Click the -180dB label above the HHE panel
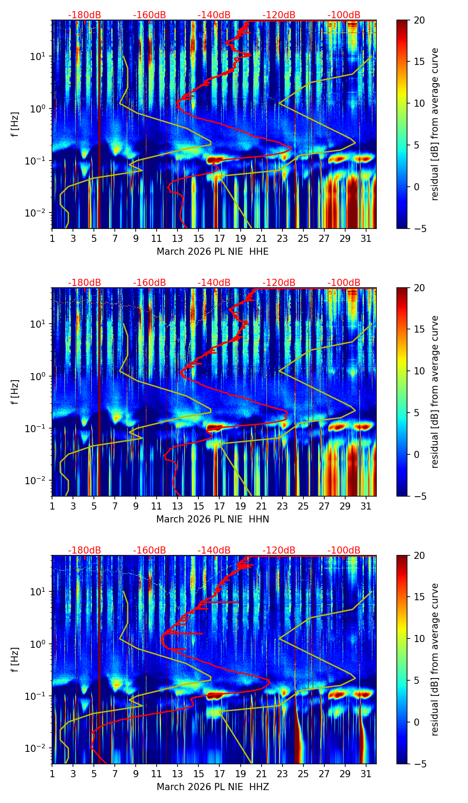click(85, 15)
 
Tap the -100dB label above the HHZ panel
click(344, 550)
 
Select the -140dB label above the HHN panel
click(214, 283)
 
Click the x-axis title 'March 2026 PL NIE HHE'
click(213, 252)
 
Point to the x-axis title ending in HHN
click(213, 519)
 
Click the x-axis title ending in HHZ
click(213, 787)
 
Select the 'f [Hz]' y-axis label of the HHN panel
click(15, 392)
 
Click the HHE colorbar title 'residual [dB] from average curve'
click(435, 124)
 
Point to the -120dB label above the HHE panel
click(279, 15)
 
